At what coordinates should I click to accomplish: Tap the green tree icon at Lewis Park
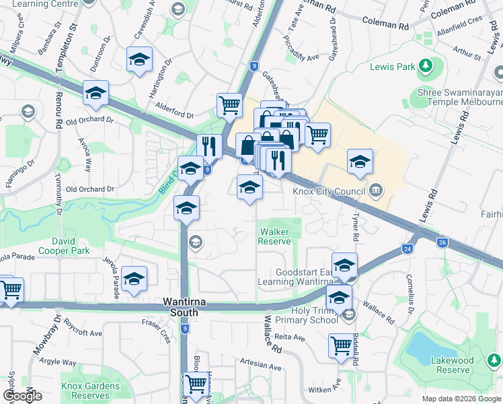click(425, 66)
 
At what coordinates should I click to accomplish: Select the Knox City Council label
click(330, 190)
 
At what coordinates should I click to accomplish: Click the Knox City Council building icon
click(376, 190)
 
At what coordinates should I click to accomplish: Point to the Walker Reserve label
click(275, 236)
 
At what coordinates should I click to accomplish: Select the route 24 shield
click(408, 248)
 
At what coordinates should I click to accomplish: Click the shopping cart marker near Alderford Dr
click(229, 105)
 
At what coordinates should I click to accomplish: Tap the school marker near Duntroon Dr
click(139, 59)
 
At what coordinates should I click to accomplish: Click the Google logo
click(22, 395)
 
